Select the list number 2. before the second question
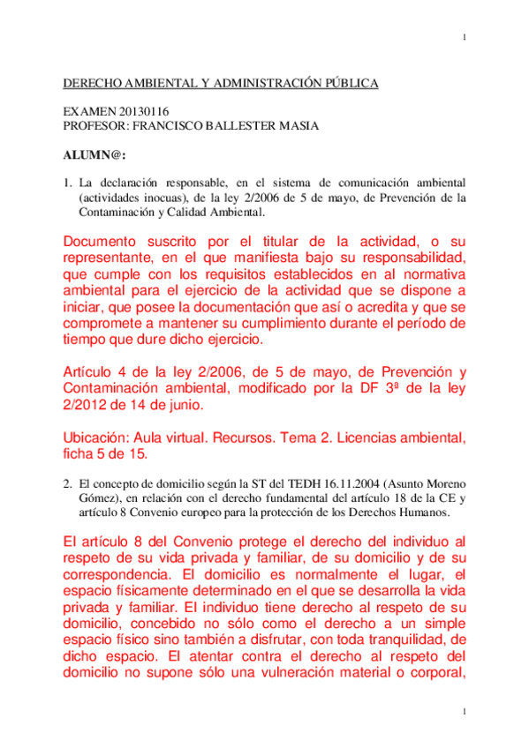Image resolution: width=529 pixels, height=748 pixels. pos(65,484)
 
